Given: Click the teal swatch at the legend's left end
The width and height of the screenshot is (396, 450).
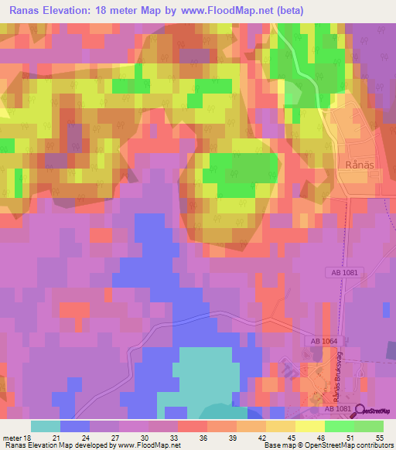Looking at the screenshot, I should pyautogui.click(x=45, y=426).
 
